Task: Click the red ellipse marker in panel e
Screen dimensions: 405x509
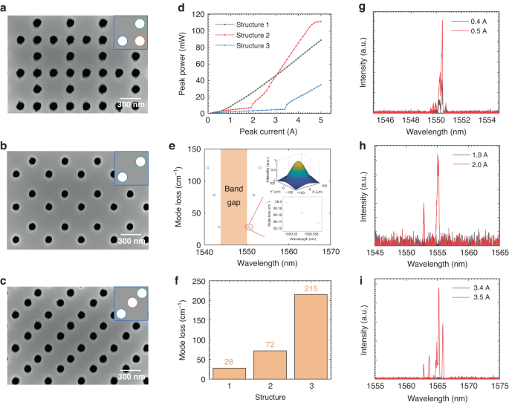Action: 250,226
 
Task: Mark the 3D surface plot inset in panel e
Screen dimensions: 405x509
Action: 296,173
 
